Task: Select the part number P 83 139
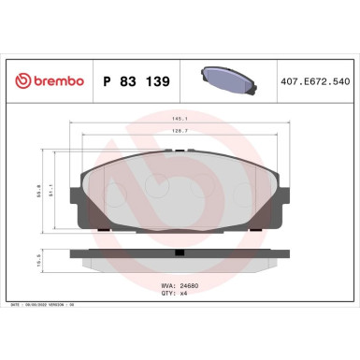pyautogui.click(x=135, y=81)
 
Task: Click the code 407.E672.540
pyautogui.click(x=318, y=81)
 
